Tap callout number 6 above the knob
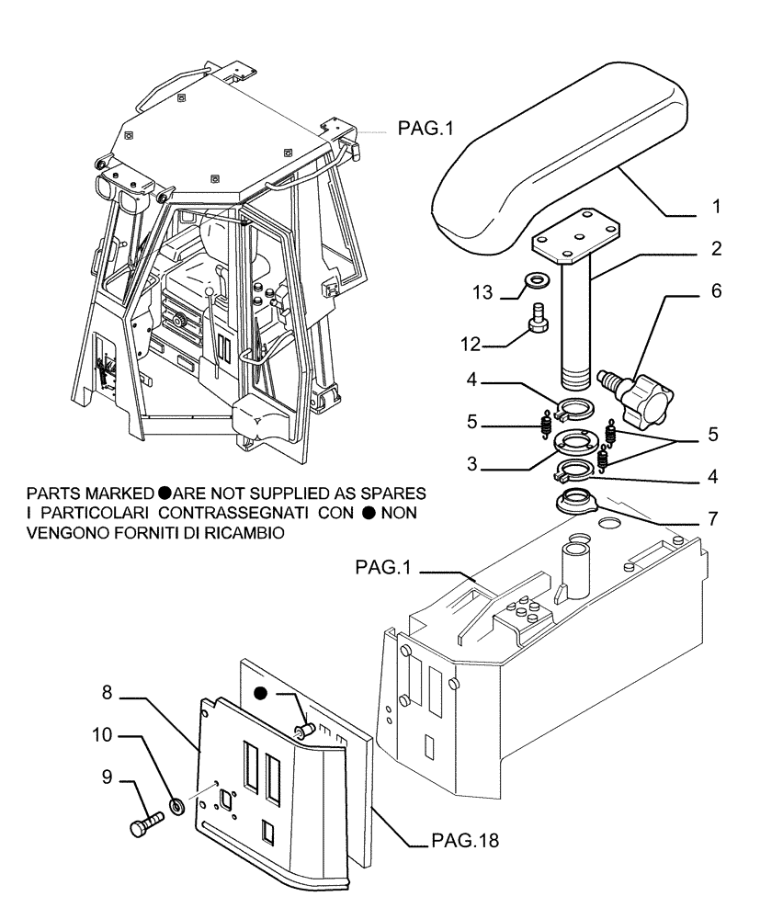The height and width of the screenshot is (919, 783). click(x=716, y=292)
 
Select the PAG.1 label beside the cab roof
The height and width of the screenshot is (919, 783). click(x=426, y=130)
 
